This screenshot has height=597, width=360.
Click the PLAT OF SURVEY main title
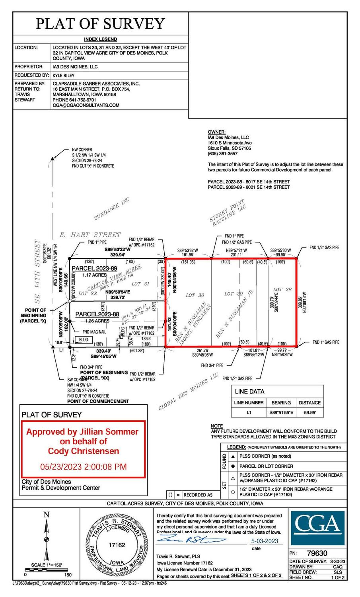[100, 24]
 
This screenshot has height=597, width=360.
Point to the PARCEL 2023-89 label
[94, 269]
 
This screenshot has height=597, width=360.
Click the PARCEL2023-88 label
[97, 314]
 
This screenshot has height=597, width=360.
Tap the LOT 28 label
[282, 289]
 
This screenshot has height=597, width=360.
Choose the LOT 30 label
[195, 295]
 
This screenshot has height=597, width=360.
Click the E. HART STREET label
[90, 235]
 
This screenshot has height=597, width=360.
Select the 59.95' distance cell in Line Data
[309, 413]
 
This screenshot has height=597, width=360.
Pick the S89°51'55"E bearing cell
[281, 413]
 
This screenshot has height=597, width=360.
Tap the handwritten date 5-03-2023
[265, 541]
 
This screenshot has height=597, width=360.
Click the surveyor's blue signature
[191, 540]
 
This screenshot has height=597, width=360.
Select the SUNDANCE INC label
[112, 209]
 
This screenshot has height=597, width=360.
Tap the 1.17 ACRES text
[94, 275]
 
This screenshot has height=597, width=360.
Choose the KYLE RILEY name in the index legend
[64, 75]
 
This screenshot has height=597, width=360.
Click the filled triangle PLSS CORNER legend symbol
[233, 456]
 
